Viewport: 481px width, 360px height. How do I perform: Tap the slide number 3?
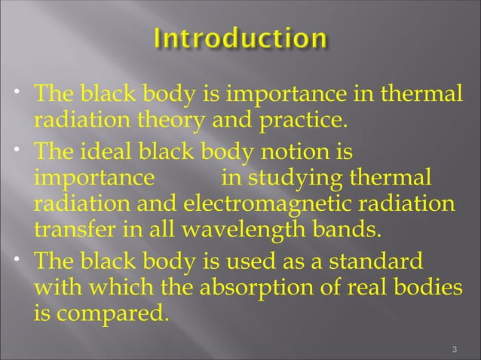click(453, 349)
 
